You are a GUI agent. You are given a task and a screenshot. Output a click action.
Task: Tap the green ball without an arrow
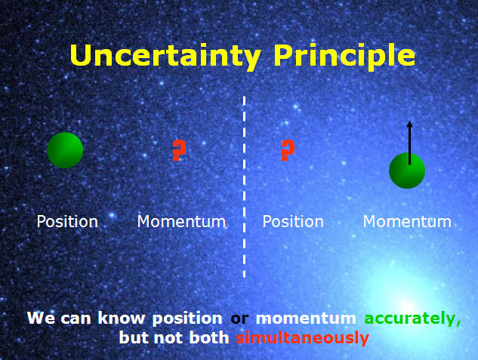point(65,150)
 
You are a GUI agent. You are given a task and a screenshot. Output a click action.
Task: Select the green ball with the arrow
point(407,171)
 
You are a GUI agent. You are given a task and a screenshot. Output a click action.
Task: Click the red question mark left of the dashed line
point(178,150)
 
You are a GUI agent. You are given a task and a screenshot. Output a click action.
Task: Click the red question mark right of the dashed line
point(287,150)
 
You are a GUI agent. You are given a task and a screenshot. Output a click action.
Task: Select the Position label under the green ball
point(67,222)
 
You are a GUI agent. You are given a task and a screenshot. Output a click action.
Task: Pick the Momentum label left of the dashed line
point(181,222)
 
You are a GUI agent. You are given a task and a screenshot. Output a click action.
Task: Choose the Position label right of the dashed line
point(293,222)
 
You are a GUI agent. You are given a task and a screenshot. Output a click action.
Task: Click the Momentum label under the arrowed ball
point(407,222)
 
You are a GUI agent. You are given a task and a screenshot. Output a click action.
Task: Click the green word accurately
point(412,318)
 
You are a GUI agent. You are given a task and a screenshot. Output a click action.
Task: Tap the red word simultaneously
point(302,338)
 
